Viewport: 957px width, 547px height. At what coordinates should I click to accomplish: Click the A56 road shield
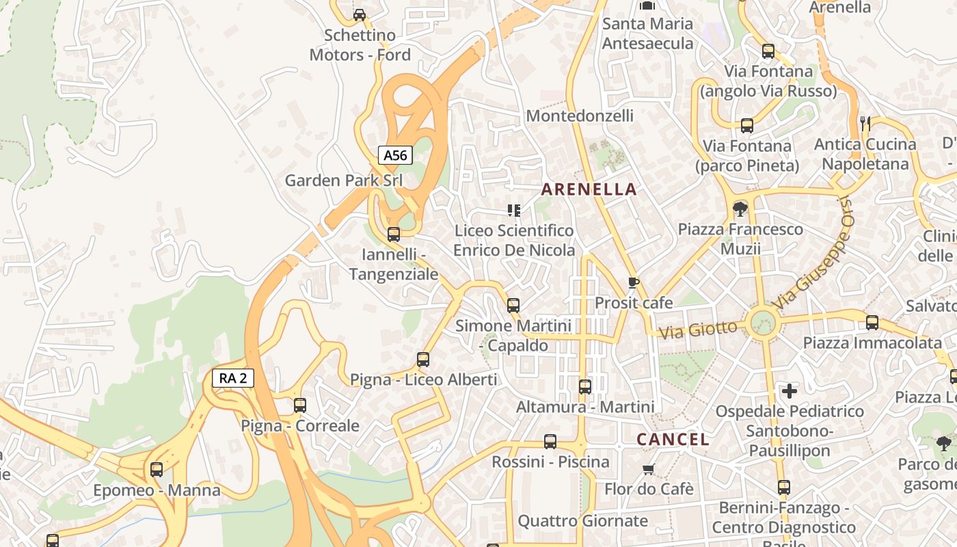point(395,155)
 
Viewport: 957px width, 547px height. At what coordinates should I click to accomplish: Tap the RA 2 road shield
point(232,378)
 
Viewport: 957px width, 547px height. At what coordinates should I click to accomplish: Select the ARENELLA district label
point(589,189)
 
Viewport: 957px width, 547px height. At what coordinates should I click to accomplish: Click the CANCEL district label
point(673,439)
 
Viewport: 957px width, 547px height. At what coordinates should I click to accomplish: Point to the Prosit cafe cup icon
point(634,282)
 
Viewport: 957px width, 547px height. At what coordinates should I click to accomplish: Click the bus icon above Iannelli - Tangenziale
point(393,235)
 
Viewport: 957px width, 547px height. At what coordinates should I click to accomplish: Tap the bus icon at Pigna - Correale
point(299,405)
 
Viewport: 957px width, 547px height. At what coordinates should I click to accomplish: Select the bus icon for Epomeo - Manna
point(157,470)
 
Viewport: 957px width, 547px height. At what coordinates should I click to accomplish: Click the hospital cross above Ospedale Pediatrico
point(790,391)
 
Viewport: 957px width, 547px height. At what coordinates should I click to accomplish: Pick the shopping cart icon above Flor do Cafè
point(648,469)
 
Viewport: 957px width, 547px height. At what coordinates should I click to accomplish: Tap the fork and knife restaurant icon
point(865,124)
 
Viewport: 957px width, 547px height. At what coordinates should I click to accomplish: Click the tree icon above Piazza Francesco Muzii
point(740,209)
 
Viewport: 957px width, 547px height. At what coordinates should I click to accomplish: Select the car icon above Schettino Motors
point(359,14)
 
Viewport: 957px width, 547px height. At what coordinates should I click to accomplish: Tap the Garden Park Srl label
point(343,181)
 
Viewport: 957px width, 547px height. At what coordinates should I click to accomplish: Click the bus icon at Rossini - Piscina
point(550,442)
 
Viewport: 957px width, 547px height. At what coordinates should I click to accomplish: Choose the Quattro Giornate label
point(582,521)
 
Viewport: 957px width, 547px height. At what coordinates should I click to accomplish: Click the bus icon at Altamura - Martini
point(584,387)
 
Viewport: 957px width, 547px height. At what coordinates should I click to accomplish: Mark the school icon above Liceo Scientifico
point(513,210)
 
